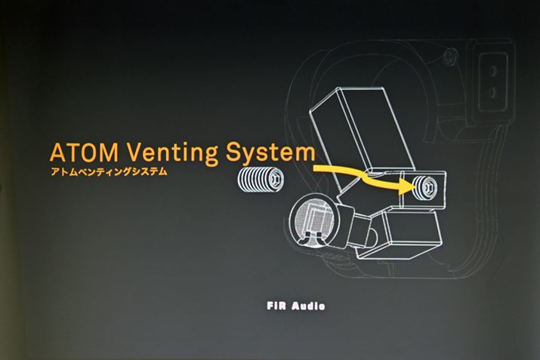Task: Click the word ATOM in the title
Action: pyautogui.click(x=82, y=152)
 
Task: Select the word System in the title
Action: pyautogui.click(x=271, y=152)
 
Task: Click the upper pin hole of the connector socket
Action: pyautogui.click(x=494, y=73)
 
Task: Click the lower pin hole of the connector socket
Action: pyautogui.click(x=494, y=91)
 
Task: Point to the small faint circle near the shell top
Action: pyautogui.click(x=451, y=55)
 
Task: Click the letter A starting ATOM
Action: pyautogui.click(x=57, y=152)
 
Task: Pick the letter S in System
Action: pyautogui.click(x=233, y=152)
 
